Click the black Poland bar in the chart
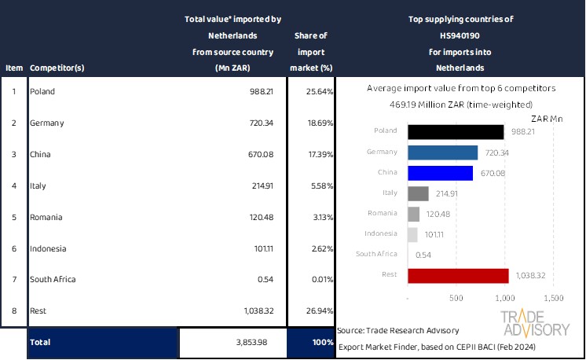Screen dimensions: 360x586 point(456,131)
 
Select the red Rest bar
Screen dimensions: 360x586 point(458,275)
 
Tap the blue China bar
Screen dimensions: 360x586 point(441,172)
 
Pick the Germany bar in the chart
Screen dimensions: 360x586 point(443,152)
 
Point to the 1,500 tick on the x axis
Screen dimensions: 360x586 point(553,299)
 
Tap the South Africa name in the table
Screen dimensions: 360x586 point(53,279)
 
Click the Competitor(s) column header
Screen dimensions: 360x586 point(57,68)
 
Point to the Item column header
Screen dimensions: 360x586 point(13,68)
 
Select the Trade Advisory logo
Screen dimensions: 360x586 point(535,323)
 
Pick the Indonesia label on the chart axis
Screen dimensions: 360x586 point(381,233)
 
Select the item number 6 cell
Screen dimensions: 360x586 point(13,248)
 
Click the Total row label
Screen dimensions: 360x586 point(41,343)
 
